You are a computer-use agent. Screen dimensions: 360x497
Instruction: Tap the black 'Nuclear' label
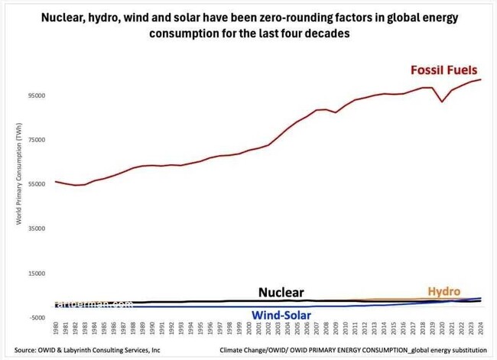[281, 292]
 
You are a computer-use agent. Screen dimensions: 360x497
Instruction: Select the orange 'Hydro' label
[443, 291]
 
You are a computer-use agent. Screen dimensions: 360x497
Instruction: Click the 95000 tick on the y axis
[37, 96]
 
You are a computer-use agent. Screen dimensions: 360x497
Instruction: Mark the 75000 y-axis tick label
[37, 140]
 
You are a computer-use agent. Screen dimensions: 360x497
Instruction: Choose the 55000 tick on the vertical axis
[37, 184]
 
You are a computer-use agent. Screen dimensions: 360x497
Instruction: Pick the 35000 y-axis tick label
[37, 229]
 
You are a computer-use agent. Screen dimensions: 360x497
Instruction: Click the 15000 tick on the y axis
[37, 273]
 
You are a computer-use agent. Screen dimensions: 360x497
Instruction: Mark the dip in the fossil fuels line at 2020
[442, 102]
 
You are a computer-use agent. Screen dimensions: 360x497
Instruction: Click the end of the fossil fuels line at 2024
[480, 79]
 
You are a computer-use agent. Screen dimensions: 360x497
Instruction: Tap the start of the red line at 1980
[56, 182]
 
